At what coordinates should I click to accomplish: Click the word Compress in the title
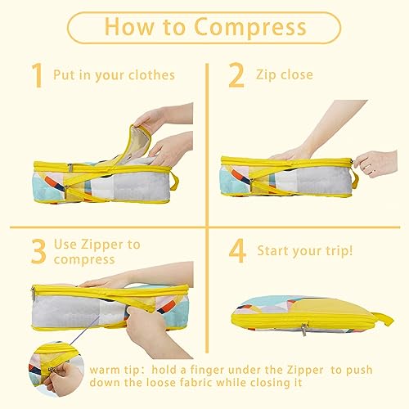(250, 28)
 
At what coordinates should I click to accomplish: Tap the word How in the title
(129, 26)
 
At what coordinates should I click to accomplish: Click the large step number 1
(37, 75)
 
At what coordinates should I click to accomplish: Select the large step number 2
(236, 75)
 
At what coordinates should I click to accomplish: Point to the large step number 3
(38, 251)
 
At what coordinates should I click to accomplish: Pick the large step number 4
(237, 250)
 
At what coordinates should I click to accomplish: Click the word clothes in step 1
(151, 74)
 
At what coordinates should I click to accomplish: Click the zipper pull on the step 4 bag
(304, 329)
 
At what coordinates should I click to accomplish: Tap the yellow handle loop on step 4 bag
(383, 319)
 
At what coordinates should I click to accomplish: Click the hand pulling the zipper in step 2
(375, 163)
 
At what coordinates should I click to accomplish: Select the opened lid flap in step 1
(137, 146)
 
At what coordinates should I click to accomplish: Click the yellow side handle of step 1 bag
(174, 182)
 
